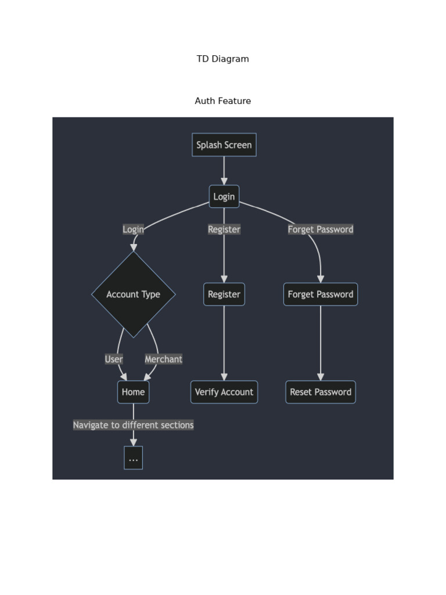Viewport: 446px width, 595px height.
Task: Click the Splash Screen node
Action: (224, 145)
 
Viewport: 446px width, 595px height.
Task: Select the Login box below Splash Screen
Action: (224, 196)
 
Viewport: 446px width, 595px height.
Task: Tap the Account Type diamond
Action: (133, 294)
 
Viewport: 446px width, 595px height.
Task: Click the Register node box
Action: (224, 294)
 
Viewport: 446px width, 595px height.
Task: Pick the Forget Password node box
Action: (320, 294)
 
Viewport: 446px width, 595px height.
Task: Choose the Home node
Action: (133, 392)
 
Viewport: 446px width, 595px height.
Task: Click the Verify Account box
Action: (224, 392)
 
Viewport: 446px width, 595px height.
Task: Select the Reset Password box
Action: (320, 392)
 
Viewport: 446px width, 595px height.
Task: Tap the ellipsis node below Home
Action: (133, 458)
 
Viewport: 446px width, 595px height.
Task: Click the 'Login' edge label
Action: (133, 229)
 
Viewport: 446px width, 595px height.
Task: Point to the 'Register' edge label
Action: (224, 229)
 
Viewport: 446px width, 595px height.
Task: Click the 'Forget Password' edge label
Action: (320, 229)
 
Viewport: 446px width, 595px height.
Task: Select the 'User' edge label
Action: (113, 359)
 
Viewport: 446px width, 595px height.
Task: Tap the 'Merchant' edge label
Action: (163, 359)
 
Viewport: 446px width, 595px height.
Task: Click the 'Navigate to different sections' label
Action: (133, 425)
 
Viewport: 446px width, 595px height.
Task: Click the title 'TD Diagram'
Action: (222, 59)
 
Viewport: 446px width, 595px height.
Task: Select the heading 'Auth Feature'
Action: (222, 101)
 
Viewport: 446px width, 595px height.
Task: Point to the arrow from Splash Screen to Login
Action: (224, 170)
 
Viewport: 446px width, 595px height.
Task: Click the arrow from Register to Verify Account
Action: (224, 343)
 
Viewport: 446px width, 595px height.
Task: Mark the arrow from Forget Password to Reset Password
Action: (320, 343)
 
